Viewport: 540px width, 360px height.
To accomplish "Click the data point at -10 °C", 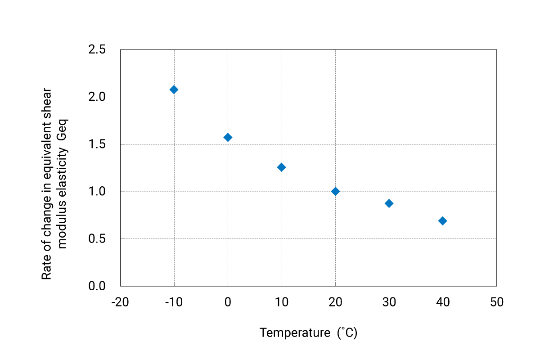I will (174, 90).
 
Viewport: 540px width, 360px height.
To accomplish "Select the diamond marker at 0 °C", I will (228, 137).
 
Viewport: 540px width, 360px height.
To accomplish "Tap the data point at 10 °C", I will (281, 167).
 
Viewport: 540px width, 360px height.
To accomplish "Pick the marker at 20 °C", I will (335, 191).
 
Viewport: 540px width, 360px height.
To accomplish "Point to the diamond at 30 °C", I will (389, 203).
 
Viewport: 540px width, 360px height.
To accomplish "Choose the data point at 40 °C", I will (443, 220).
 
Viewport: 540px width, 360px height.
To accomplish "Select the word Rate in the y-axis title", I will (46, 269).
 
